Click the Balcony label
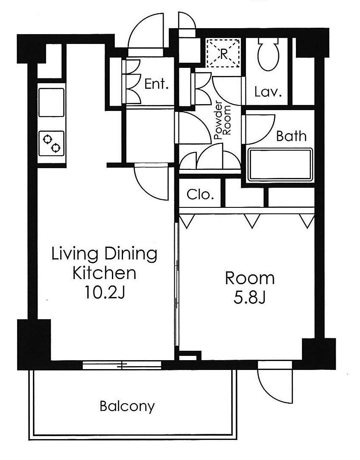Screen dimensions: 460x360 point(127,406)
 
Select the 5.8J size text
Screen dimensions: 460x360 point(249,298)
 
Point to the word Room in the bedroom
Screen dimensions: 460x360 point(250,278)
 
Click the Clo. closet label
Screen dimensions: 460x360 point(200,195)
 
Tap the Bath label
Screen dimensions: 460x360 point(291,136)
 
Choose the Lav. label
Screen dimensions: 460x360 point(268,91)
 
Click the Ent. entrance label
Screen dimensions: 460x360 point(157,84)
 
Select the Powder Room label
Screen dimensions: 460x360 point(222,120)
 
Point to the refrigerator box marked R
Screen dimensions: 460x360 point(223,53)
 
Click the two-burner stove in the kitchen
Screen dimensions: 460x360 point(51,143)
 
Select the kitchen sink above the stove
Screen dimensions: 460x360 point(51,102)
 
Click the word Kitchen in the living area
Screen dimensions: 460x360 point(104,273)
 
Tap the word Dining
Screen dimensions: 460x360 point(131,254)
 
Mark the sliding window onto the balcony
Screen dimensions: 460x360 point(122,365)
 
